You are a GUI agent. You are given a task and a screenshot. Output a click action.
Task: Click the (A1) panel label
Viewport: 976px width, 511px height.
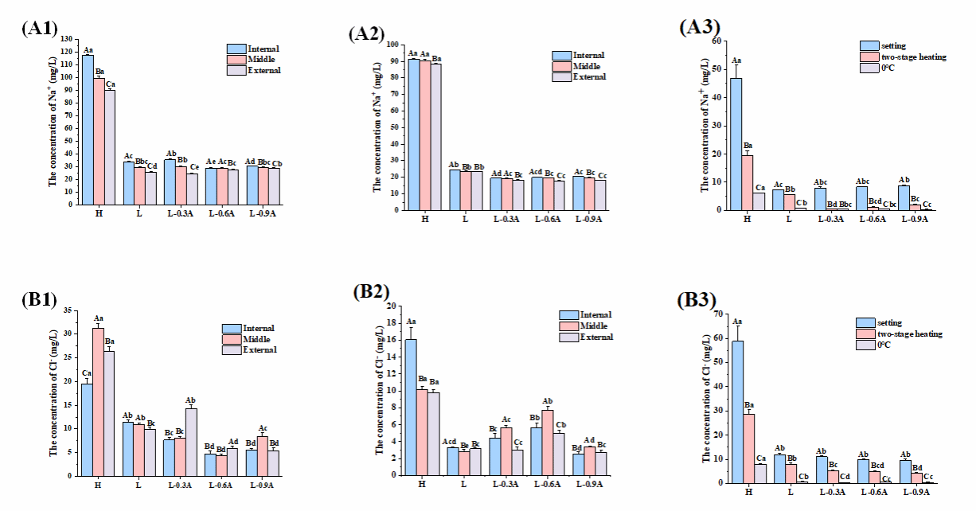pyautogui.click(x=40, y=29)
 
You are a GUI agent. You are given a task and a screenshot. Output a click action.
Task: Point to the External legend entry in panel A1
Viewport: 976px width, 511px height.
pyautogui.click(x=253, y=70)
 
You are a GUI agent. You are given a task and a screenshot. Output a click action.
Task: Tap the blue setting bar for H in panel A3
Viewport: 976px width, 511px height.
pyautogui.click(x=736, y=144)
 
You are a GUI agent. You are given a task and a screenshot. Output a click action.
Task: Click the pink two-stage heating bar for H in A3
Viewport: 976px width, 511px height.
pyautogui.click(x=748, y=182)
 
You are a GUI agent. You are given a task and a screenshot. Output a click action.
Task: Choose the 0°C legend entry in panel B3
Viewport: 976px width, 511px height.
pyautogui.click(x=889, y=345)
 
